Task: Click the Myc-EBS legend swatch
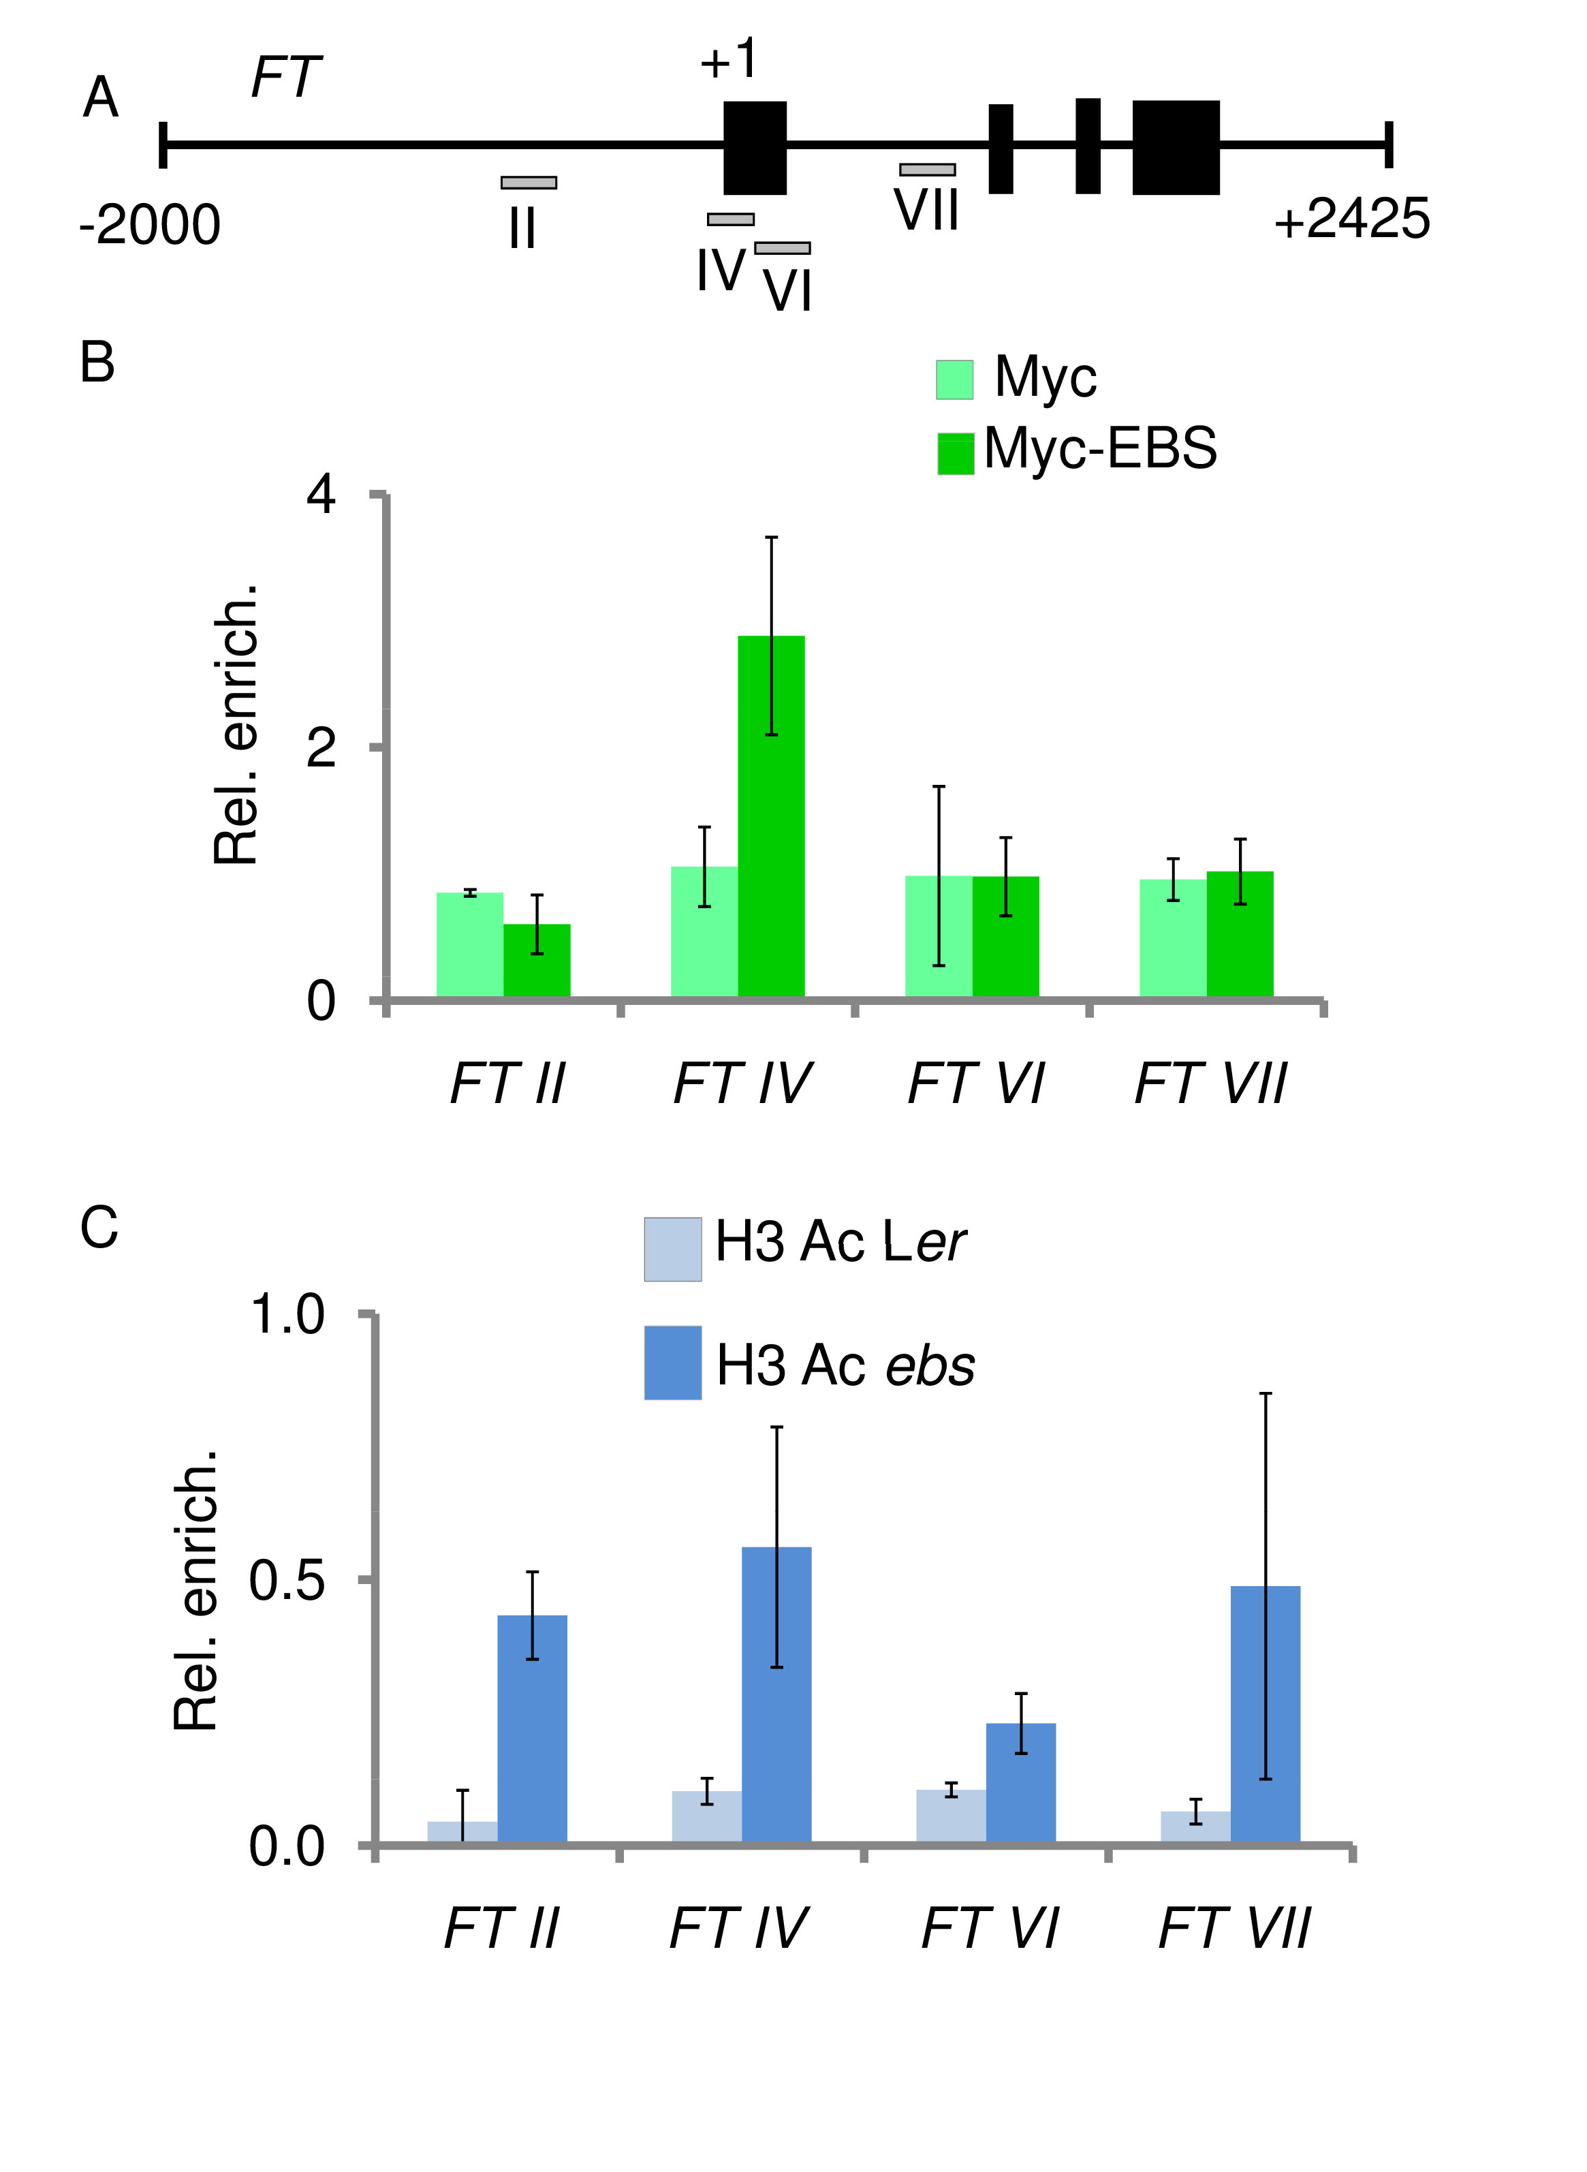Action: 955,454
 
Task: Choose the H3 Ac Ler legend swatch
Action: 672,1249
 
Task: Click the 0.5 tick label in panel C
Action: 286,1580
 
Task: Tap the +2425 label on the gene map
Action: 1351,219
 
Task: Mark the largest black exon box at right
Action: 1176,147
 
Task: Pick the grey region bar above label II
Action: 529,183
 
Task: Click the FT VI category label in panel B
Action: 975,1083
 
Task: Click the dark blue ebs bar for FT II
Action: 532,1729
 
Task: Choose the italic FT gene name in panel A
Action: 286,77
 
